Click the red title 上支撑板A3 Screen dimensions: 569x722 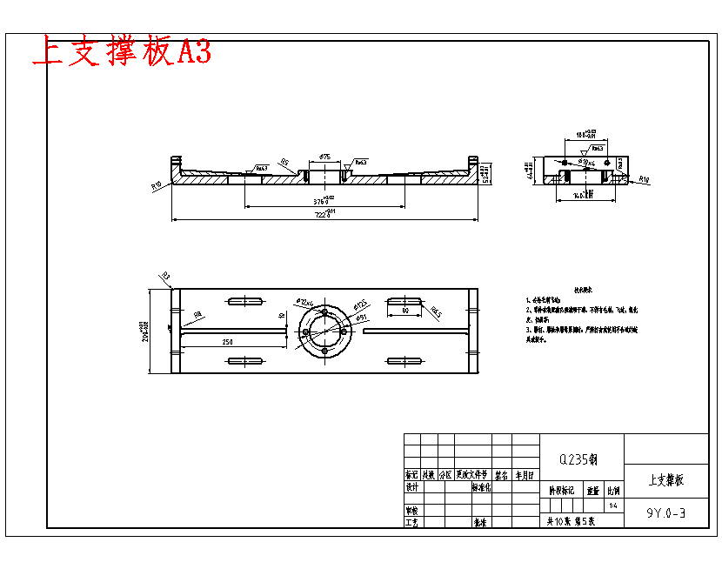[121, 52]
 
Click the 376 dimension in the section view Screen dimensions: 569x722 [324, 200]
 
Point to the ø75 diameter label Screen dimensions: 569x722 [324, 157]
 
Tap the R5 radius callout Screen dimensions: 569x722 [284, 162]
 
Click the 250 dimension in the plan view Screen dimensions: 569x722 [227, 342]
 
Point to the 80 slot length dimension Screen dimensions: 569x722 [405, 310]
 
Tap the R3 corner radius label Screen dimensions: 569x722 [166, 276]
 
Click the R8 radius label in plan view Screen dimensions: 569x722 [197, 315]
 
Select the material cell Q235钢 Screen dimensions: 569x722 [581, 459]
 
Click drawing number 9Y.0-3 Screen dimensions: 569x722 [666, 513]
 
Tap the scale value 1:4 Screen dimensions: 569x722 [614, 505]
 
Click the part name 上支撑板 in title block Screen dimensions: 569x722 [666, 479]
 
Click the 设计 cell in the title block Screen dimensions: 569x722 [412, 487]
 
